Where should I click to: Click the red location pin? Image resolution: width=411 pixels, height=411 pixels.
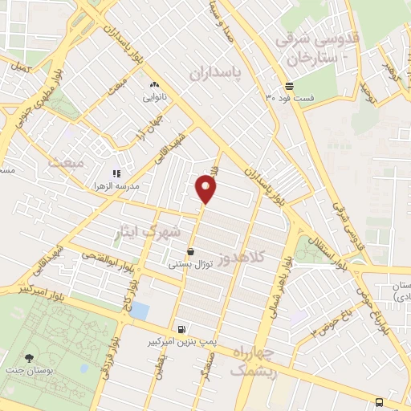(x=206, y=189)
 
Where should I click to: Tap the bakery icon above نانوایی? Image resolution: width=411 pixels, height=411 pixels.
(x=154, y=84)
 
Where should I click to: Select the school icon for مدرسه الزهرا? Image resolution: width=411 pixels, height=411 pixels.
(x=116, y=173)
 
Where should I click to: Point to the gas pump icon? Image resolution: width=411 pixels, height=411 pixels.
(x=182, y=328)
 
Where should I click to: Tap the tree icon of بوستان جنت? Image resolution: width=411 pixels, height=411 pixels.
(x=30, y=359)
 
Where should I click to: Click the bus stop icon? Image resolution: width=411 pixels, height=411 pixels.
(x=379, y=403)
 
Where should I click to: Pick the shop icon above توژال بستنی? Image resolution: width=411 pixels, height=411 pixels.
(x=190, y=251)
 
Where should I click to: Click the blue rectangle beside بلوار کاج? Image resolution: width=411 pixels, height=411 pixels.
(x=140, y=310)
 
